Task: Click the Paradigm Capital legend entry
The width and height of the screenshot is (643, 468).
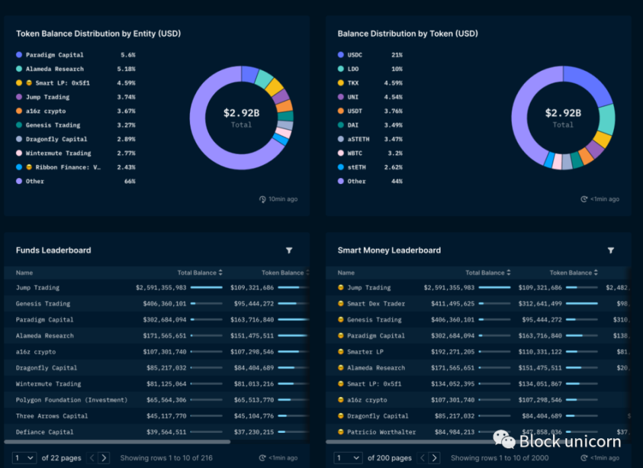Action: [54, 55]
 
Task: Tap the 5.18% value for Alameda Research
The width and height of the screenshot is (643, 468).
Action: [126, 69]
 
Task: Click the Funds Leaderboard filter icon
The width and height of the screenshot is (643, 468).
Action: [289, 250]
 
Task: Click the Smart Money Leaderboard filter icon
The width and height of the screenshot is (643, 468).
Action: [611, 250]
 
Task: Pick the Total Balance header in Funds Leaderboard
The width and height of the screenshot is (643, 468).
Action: [199, 273]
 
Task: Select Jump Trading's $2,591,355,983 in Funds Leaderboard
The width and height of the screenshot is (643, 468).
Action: [161, 288]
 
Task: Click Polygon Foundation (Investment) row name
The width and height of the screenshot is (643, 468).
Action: [71, 400]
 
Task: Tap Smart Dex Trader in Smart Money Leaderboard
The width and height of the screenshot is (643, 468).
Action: [376, 304]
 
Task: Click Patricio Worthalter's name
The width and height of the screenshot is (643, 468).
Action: [380, 432]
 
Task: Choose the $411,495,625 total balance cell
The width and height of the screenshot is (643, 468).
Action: [449, 304]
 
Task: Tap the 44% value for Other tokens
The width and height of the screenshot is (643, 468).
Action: [396, 181]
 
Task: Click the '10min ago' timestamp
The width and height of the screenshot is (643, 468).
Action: [282, 199]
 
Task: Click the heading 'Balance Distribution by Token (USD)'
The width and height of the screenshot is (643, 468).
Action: [407, 34]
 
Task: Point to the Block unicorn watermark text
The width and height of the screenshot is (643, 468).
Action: [570, 442]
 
